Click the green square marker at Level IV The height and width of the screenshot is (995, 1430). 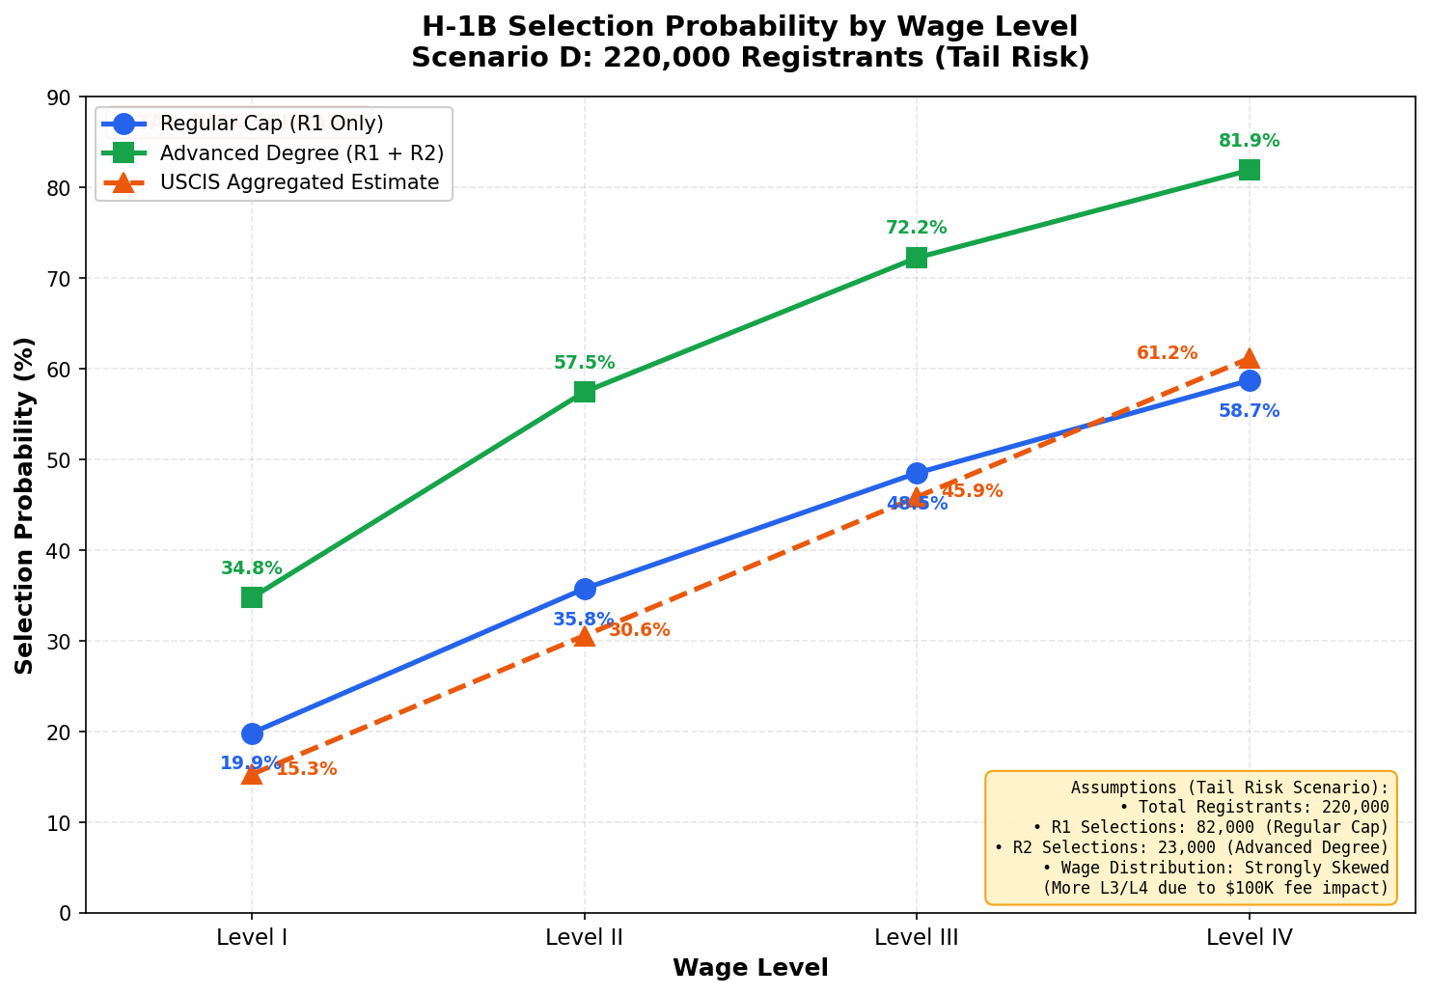pos(1249,170)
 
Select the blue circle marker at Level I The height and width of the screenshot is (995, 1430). pos(252,733)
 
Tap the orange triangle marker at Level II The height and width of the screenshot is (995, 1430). pos(584,635)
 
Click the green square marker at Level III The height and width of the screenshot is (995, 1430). pos(917,258)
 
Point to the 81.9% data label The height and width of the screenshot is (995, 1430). pos(1249,141)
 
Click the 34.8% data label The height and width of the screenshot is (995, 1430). pos(252,568)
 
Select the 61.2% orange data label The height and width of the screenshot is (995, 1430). pos(1167,353)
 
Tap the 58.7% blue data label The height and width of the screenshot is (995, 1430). pos(1249,411)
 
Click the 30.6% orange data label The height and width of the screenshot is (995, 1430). pos(639,630)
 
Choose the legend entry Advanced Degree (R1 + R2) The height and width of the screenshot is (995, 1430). pos(302,153)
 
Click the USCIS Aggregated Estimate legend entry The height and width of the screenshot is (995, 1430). pos(299,182)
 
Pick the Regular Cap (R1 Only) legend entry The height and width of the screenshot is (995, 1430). pos(272,124)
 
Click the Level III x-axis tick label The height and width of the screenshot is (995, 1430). pos(917,936)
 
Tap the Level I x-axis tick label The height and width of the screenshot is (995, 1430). pos(252,936)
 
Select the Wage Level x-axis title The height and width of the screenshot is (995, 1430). pos(750,968)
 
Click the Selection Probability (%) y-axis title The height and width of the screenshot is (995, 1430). pos(25,505)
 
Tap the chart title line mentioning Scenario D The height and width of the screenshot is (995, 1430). pos(750,58)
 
